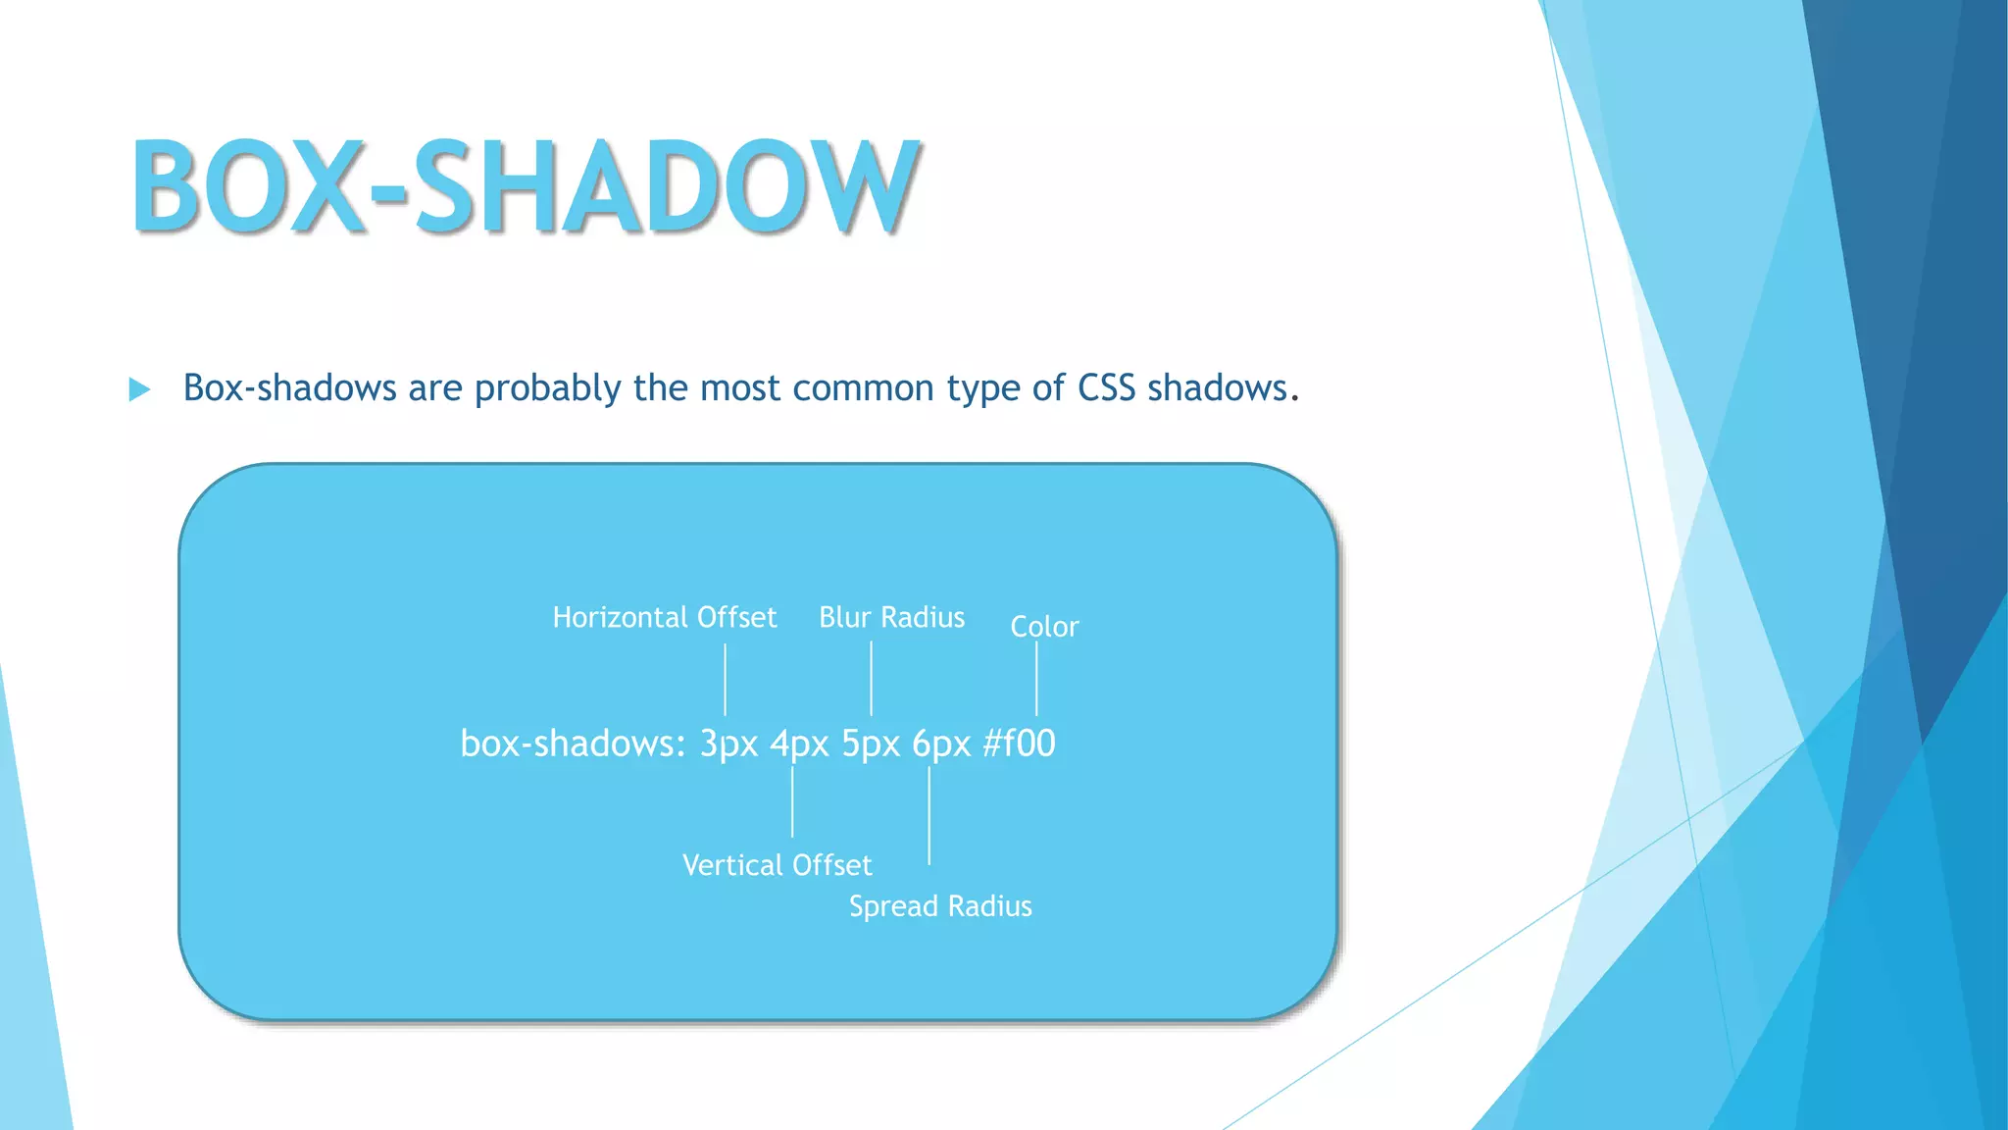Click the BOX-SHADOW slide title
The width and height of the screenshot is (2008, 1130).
coord(526,186)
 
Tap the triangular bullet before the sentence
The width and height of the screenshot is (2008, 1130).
coord(139,389)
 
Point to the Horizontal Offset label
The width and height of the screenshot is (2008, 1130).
coord(664,617)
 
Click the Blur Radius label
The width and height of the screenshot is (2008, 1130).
coord(891,617)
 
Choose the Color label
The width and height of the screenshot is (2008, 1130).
coord(1044,627)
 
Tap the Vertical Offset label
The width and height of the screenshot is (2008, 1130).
coord(777,865)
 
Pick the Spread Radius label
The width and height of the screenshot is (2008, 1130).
coord(940,906)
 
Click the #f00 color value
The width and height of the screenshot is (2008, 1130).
coord(1019,744)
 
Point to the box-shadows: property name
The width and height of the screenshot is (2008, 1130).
coord(573,744)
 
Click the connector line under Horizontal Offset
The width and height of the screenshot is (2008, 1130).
coord(726,679)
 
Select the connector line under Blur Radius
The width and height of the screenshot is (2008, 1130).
coord(871,679)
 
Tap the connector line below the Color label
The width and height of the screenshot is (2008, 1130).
coord(1036,679)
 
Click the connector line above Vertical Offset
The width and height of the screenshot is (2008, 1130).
coord(792,802)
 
